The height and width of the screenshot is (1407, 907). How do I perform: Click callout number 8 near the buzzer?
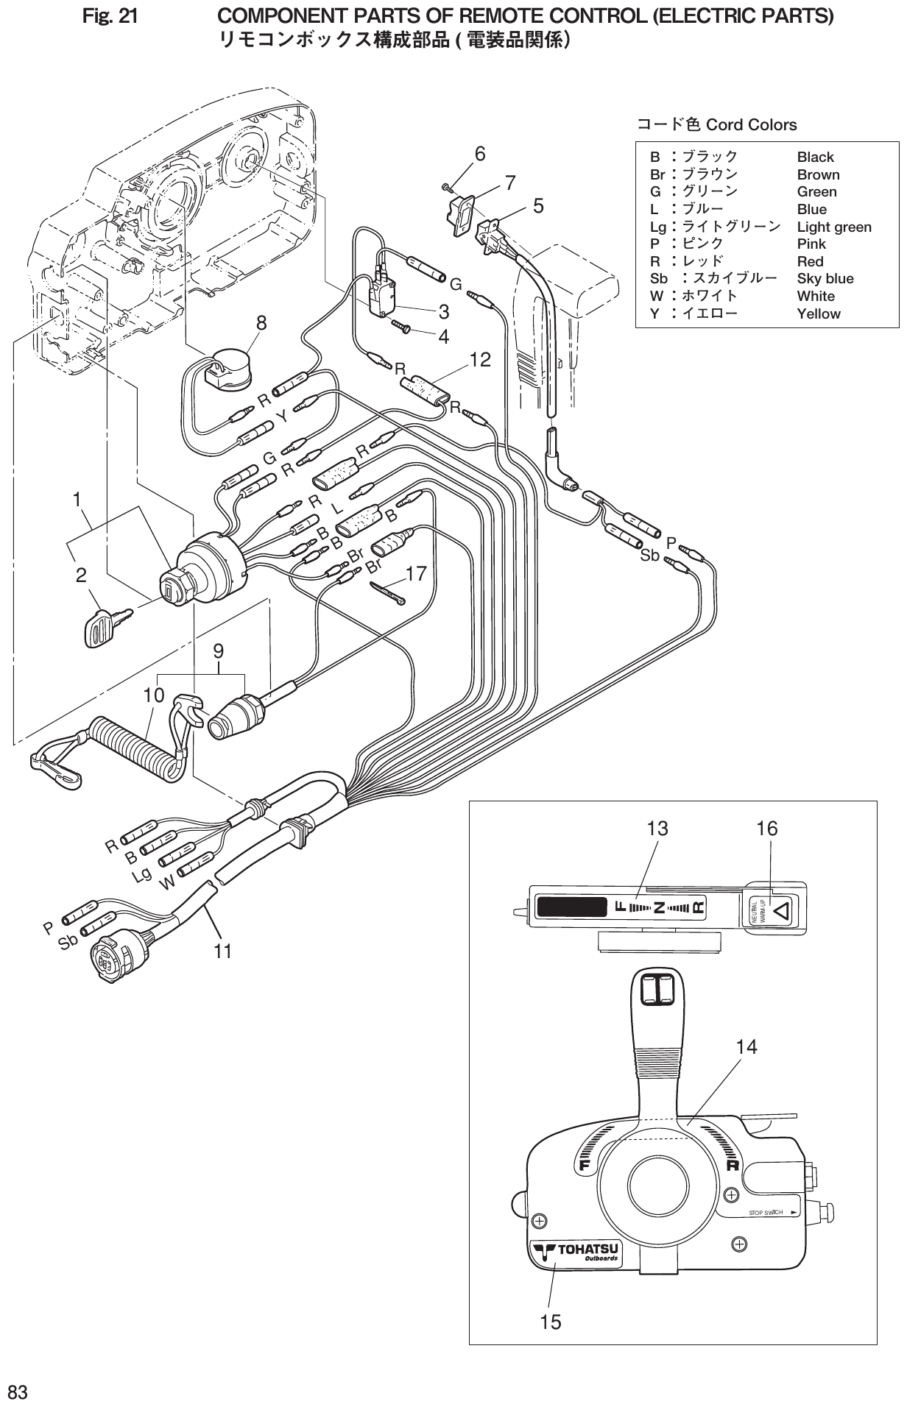pos(261,323)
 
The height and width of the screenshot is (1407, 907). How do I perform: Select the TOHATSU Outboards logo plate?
pos(576,1253)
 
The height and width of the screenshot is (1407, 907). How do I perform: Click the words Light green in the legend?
pos(833,227)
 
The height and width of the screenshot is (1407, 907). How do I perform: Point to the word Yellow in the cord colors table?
pos(818,314)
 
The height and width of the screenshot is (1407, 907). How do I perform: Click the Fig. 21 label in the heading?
pos(110,15)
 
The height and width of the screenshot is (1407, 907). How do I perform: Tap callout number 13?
pos(657,829)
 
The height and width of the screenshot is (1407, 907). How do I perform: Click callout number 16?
pos(766,829)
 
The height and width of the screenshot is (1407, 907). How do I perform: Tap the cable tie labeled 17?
pos(388,592)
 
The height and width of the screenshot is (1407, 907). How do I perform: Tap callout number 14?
pos(747,1046)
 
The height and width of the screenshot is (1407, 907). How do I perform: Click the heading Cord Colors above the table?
pos(751,125)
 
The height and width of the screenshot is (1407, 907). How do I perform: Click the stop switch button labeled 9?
pos(234,717)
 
